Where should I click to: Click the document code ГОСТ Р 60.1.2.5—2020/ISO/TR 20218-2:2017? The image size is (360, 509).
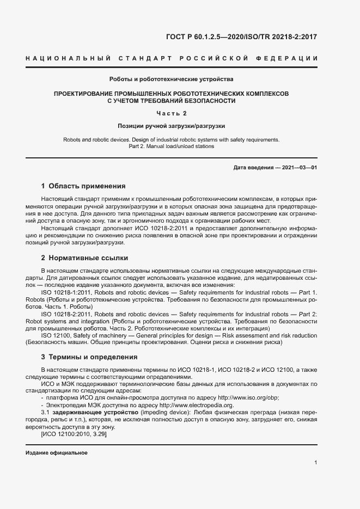click(x=241, y=38)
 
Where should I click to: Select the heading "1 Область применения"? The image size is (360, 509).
click(x=83, y=186)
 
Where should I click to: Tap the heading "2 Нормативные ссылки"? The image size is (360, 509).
click(x=84, y=257)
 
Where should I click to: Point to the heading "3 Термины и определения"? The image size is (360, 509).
click(x=89, y=357)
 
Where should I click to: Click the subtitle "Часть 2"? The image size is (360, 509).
click(x=172, y=113)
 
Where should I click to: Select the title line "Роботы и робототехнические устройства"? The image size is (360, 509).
click(x=172, y=79)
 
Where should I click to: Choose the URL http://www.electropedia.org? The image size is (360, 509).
click(x=199, y=405)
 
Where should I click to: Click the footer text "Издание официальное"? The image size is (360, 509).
click(x=57, y=453)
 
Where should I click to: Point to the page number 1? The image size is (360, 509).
click(x=316, y=463)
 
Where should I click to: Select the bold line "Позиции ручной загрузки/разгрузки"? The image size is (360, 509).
click(x=172, y=126)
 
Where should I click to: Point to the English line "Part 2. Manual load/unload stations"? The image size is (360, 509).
click(x=172, y=146)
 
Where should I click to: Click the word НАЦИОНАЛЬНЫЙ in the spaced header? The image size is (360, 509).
click(x=69, y=59)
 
